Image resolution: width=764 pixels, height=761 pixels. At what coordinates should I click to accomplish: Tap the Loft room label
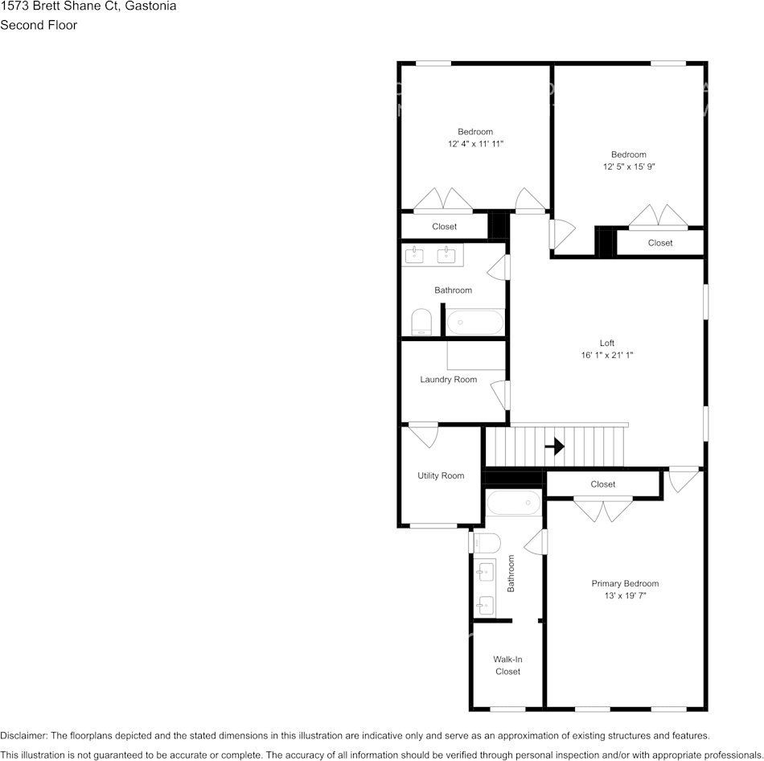(606, 343)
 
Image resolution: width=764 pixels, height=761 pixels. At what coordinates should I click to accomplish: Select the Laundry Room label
(448, 380)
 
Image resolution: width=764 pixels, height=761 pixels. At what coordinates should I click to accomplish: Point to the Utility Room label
(440, 475)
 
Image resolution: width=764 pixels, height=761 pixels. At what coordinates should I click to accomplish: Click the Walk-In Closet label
(507, 665)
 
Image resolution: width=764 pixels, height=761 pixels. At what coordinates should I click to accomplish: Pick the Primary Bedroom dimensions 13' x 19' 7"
(625, 596)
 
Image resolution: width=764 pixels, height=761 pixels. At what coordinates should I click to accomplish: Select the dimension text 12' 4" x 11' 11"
(475, 144)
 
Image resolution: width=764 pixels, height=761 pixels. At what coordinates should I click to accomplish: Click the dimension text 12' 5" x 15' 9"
(628, 167)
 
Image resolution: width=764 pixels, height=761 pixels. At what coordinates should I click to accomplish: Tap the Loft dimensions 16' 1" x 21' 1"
(606, 355)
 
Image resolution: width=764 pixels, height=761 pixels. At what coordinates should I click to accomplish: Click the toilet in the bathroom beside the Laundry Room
(421, 323)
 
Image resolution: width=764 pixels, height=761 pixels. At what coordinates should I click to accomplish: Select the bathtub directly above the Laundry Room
(474, 323)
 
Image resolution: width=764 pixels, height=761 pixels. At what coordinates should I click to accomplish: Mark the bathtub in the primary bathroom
(513, 503)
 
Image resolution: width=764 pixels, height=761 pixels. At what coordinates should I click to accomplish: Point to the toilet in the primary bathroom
(487, 543)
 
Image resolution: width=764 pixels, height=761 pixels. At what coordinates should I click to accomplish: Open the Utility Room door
(422, 435)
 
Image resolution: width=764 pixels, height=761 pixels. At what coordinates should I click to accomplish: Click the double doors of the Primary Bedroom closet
(602, 510)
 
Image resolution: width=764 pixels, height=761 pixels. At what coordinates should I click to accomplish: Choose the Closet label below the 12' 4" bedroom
(444, 227)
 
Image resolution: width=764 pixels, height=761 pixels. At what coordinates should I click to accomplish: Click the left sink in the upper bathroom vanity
(414, 256)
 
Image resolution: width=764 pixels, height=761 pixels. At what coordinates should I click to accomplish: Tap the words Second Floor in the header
(39, 25)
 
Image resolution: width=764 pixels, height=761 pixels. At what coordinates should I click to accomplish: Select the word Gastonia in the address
(151, 6)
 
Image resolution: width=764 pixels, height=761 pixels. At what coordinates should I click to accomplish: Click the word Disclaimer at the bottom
(24, 735)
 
